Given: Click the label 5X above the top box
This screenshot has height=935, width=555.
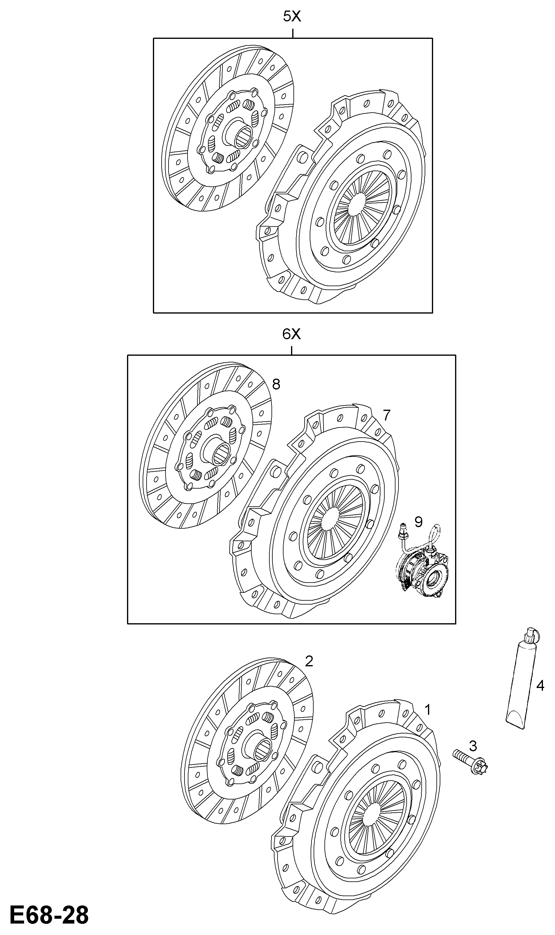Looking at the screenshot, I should (x=292, y=17).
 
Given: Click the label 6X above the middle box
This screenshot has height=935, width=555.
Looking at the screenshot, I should (x=291, y=334).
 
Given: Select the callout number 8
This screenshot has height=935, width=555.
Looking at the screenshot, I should (x=276, y=384).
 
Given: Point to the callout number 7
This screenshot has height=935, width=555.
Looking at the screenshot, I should (x=386, y=415).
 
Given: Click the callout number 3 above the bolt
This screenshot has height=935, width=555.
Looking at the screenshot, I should (x=473, y=746).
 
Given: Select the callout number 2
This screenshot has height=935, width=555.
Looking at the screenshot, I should (x=309, y=661).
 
